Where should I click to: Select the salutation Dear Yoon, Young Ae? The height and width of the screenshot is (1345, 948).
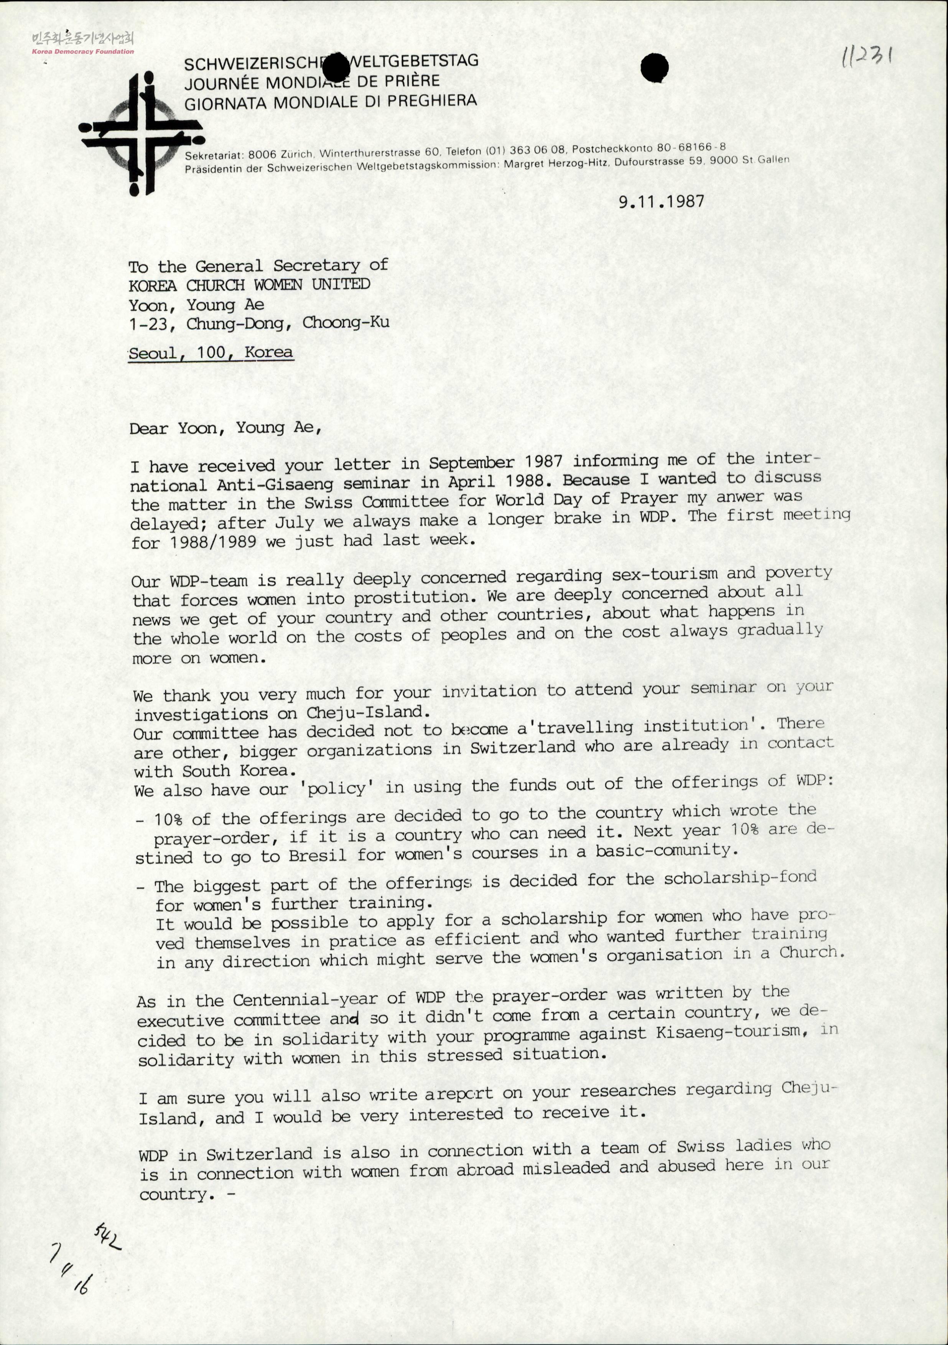pos(225,428)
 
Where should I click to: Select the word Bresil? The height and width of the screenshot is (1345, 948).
pos(317,856)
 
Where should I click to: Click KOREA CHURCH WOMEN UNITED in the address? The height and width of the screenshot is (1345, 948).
pos(249,285)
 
